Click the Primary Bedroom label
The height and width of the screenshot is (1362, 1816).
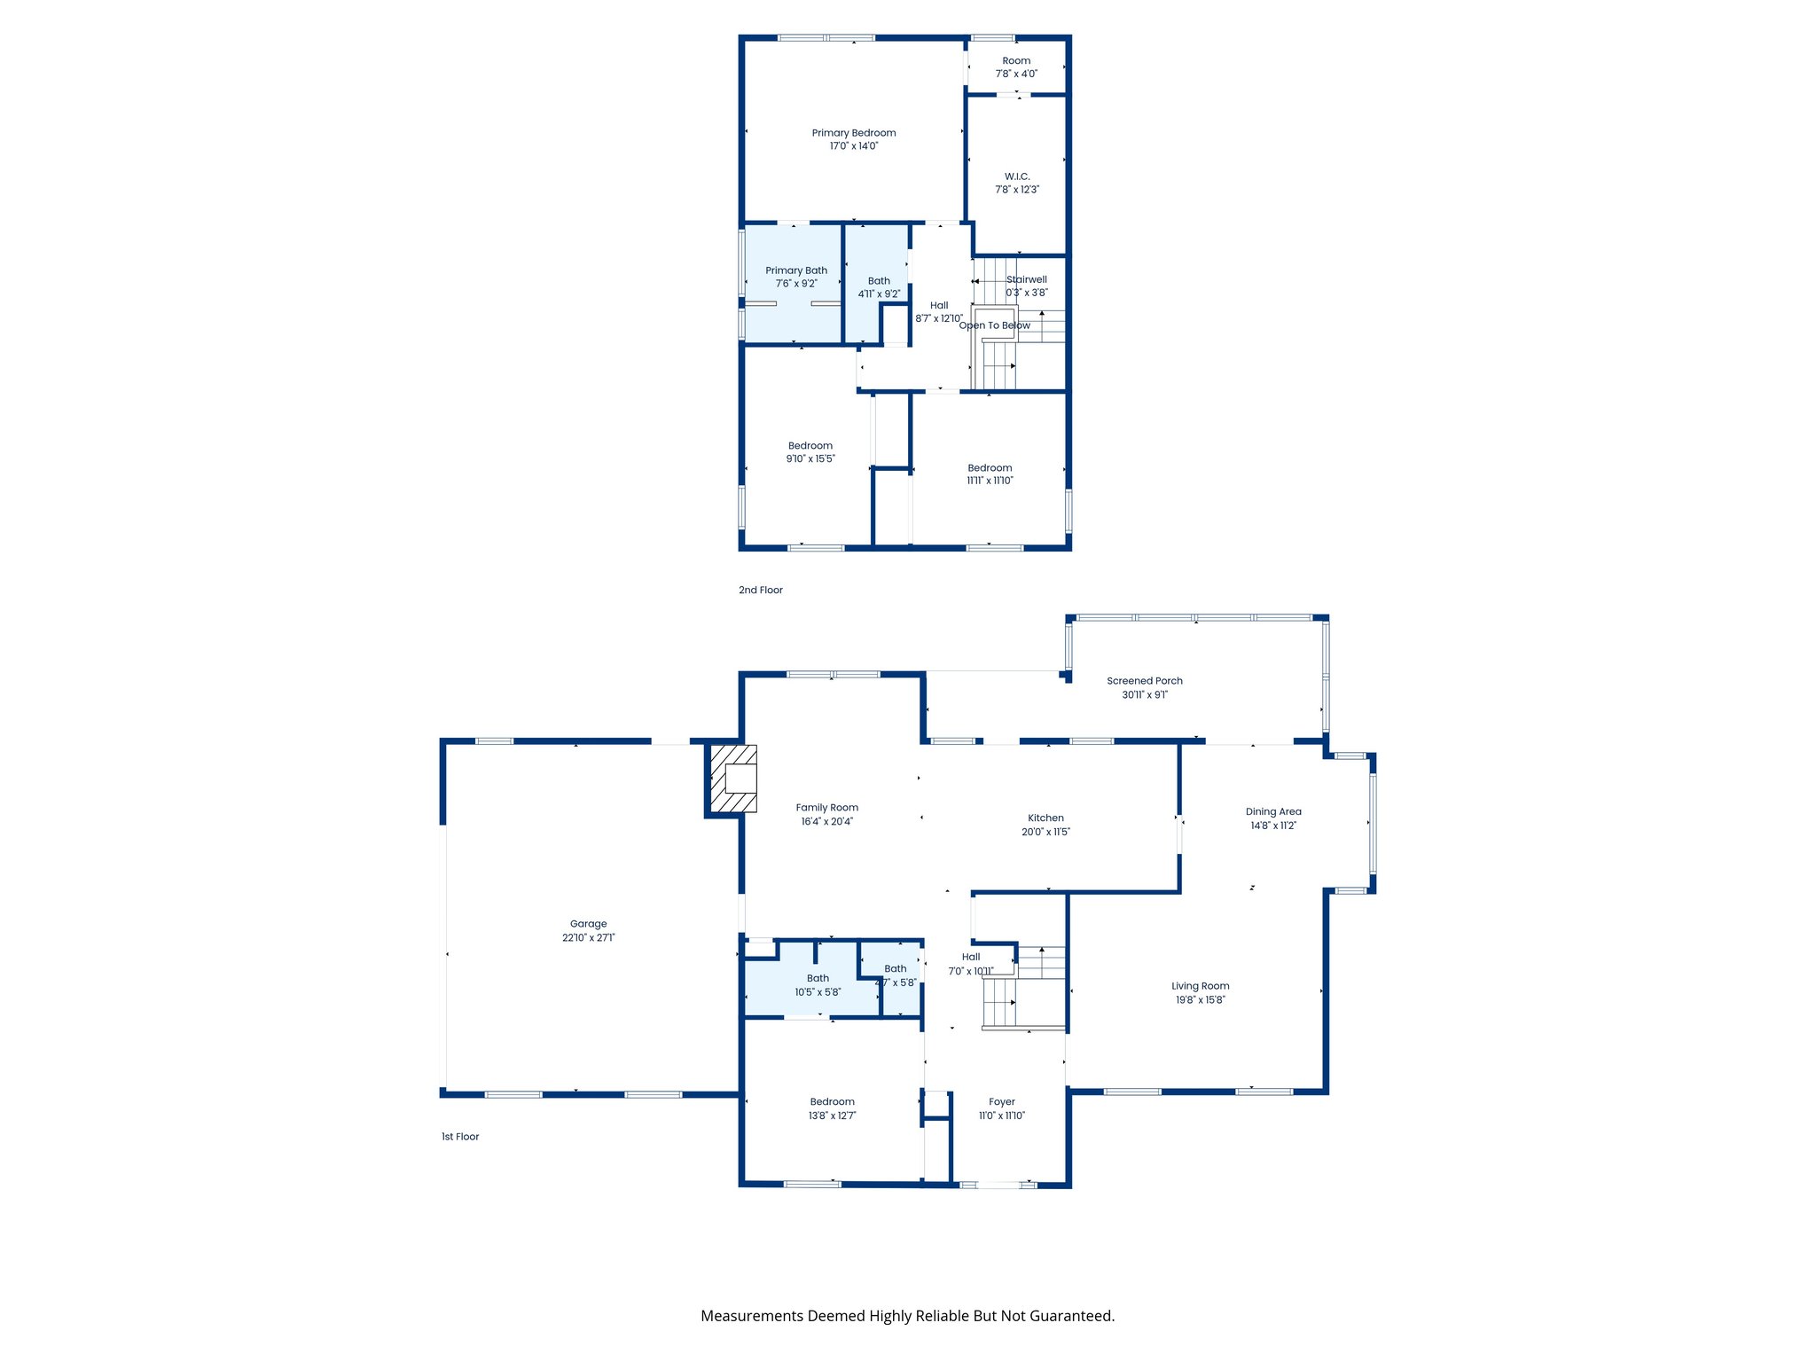click(854, 133)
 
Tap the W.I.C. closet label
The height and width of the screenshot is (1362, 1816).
click(1017, 176)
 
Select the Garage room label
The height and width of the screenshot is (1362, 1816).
click(588, 924)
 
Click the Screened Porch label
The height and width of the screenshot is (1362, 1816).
click(1144, 681)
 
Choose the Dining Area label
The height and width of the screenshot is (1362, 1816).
click(1273, 811)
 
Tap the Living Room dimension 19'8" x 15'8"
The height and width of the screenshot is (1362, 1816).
click(1200, 1000)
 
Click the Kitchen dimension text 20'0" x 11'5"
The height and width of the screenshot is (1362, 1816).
click(1045, 832)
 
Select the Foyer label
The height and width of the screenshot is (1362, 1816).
click(1002, 1102)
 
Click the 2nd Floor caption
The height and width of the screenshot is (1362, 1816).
click(761, 591)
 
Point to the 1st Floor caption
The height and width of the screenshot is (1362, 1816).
click(460, 1137)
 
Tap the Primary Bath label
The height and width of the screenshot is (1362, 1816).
click(796, 270)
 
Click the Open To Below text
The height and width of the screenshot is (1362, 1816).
click(995, 325)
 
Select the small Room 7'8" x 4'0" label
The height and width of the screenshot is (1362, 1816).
click(1016, 61)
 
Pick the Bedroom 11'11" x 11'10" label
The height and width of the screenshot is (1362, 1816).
click(990, 468)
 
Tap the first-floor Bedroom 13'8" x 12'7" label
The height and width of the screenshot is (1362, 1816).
click(832, 1102)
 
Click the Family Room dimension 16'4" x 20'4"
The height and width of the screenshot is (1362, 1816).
click(826, 822)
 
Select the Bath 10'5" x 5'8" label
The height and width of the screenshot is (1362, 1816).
click(818, 979)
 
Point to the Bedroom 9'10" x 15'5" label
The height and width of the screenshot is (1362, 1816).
click(810, 446)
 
